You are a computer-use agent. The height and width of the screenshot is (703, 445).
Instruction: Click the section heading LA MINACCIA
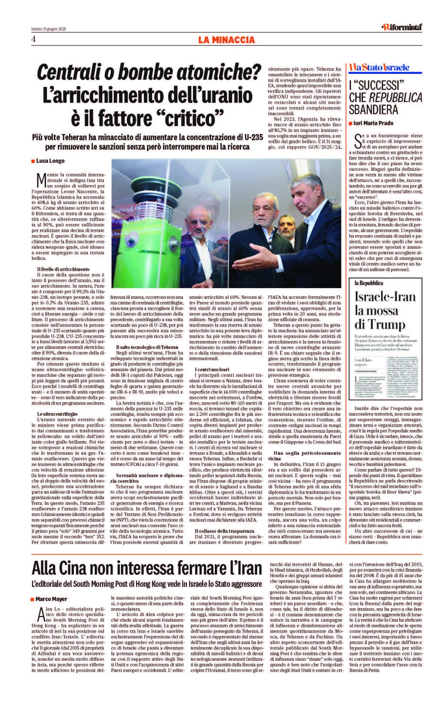pos(226,40)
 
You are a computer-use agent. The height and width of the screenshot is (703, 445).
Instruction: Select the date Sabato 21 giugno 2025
pos(48,29)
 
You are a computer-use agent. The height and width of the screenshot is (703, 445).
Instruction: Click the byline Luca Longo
pos(50,161)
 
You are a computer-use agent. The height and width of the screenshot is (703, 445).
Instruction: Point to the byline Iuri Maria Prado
pos(373,123)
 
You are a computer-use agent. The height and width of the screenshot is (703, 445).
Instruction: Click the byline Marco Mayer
pos(51,599)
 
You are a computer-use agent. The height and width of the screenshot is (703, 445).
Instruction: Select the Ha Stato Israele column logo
pos(379,67)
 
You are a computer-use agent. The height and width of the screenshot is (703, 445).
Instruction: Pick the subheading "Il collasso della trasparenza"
pos(224,531)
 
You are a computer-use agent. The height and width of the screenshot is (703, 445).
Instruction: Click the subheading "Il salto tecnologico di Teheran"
pos(147,347)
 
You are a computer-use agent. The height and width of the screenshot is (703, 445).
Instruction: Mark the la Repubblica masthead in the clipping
pos(369,283)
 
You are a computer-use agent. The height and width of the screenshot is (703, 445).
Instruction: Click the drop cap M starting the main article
pos(42,179)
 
